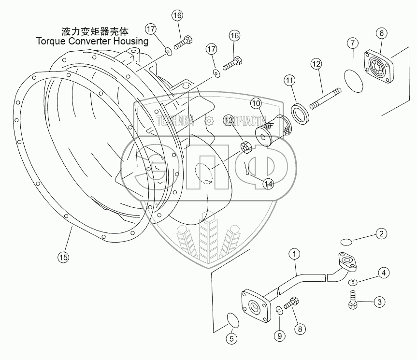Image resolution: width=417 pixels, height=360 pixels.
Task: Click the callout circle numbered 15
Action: click(x=63, y=257)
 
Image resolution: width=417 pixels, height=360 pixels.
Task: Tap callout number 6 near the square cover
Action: click(x=382, y=33)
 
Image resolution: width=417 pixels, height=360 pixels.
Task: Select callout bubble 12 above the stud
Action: click(x=316, y=64)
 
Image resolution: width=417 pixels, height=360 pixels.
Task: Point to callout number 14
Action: click(x=268, y=184)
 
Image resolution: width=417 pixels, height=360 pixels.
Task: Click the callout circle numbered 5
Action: click(x=231, y=339)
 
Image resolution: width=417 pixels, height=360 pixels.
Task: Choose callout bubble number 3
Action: click(x=379, y=302)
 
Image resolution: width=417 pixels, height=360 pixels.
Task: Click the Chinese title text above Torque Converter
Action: click(x=95, y=31)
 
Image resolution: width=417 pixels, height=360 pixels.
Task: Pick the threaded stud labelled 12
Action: click(x=326, y=99)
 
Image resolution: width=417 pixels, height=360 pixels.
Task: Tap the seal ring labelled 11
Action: click(x=301, y=114)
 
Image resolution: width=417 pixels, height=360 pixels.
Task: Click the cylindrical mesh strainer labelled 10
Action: click(x=273, y=130)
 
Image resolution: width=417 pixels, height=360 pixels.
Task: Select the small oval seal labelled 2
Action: click(x=346, y=242)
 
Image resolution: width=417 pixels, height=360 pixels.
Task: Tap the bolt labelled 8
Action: click(x=291, y=303)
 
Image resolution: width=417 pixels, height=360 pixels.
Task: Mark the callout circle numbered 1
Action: click(x=294, y=254)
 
